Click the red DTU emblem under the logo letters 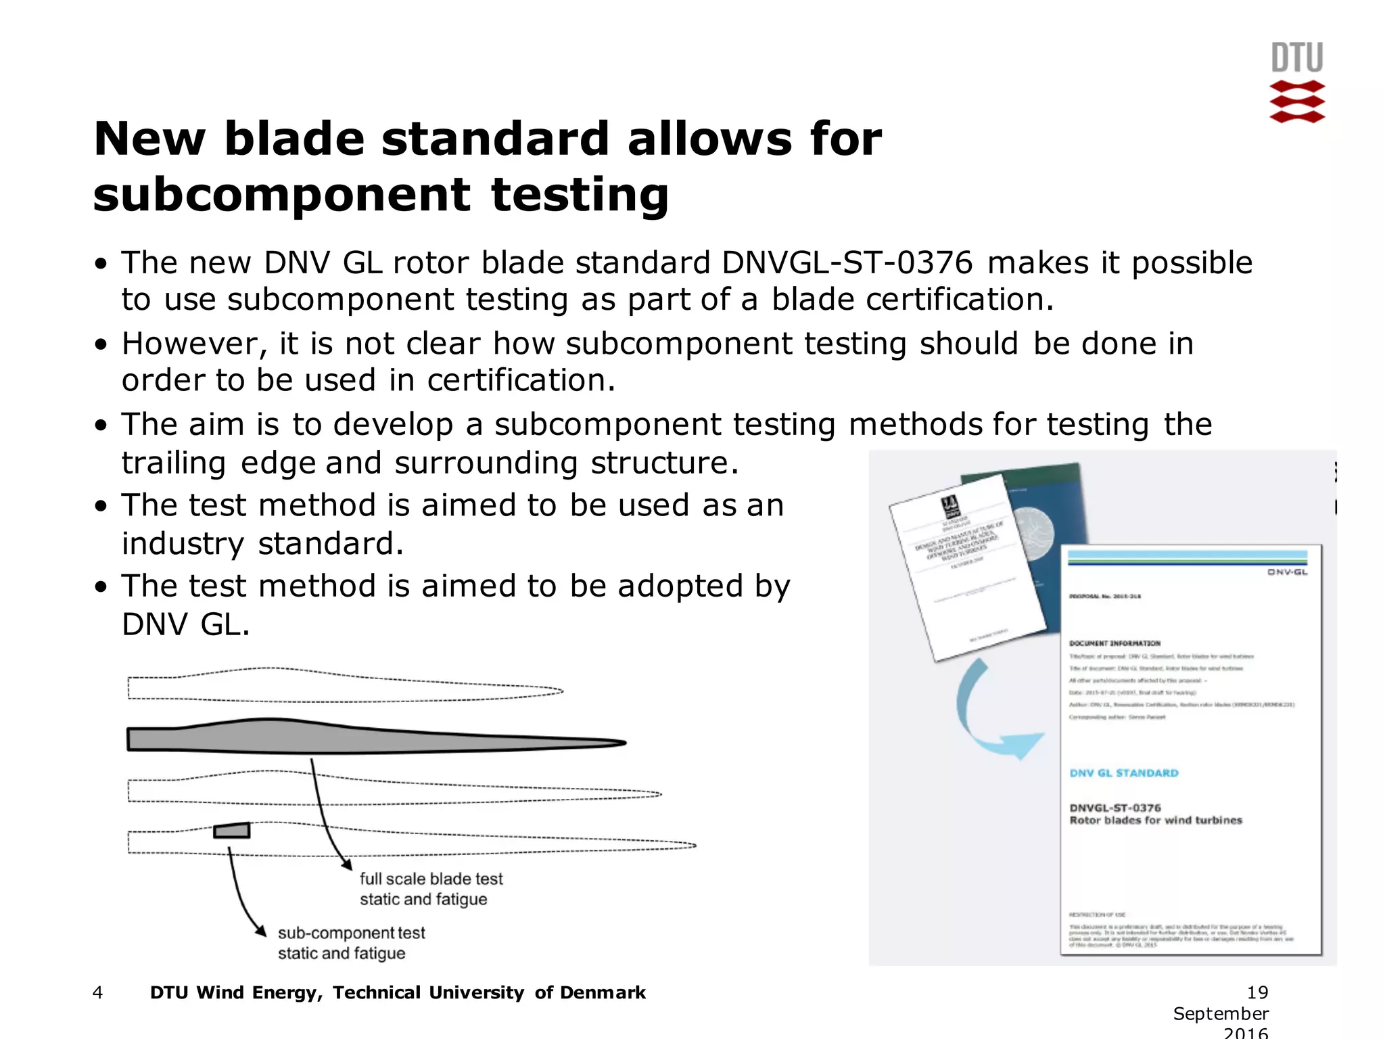1296,101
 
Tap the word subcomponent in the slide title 281,195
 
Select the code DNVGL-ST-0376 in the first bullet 847,263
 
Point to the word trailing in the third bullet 174,463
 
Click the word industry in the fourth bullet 183,544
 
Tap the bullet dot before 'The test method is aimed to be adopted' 101,586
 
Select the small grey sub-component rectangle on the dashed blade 232,830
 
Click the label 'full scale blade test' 431,879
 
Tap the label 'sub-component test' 351,933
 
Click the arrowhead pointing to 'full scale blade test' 347,864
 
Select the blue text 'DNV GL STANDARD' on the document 1123,773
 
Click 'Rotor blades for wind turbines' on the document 1155,821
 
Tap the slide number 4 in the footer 97,992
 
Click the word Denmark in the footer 603,992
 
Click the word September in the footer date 1220,1013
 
